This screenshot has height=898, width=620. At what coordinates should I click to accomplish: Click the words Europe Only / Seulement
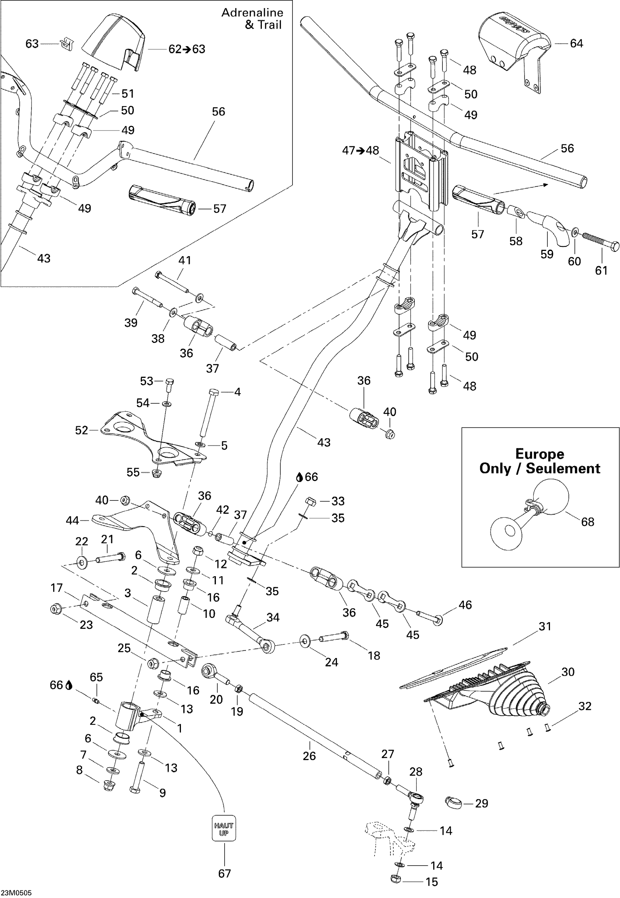coord(540,461)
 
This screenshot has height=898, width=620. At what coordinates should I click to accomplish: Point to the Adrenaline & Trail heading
coord(252,19)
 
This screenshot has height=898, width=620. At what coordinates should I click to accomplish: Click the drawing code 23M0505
coord(16,893)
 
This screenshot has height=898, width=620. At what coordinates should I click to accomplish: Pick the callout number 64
coord(577,43)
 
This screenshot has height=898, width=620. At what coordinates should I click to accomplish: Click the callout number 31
coord(545,626)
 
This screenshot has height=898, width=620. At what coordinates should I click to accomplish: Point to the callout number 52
coord(82,430)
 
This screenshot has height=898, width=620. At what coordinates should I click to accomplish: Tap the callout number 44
coord(72,520)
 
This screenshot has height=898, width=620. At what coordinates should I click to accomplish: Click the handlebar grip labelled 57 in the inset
coord(162,200)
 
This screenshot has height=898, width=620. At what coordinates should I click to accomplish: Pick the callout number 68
coord(588,522)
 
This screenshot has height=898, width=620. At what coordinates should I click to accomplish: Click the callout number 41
coord(185,260)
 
